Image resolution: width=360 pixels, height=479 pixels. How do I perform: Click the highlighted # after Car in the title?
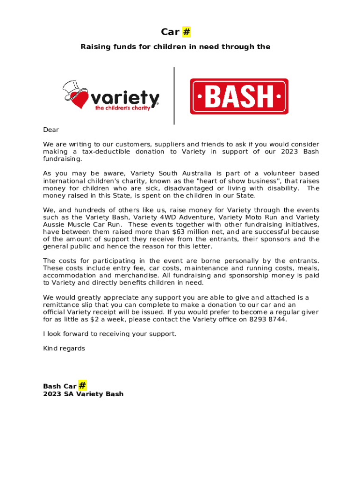(x=186, y=32)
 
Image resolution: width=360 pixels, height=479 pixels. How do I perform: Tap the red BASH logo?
(x=238, y=96)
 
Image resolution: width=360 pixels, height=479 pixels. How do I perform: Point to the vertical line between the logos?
(x=174, y=95)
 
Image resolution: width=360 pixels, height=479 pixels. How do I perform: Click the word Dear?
(x=51, y=130)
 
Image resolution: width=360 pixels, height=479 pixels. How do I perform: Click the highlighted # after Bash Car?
(x=82, y=385)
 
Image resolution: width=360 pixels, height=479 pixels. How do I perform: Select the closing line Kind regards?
(x=64, y=348)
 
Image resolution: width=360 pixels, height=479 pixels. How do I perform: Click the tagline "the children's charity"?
(x=122, y=108)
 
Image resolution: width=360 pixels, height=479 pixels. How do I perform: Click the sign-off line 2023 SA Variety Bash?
(x=83, y=394)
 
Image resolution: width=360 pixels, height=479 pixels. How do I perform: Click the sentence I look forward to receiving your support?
(x=110, y=334)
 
